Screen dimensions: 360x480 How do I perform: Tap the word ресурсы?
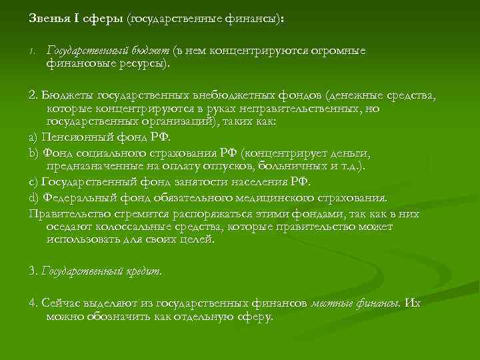145,64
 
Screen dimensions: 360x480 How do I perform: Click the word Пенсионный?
74,139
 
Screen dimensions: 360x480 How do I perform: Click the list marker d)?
35,198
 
